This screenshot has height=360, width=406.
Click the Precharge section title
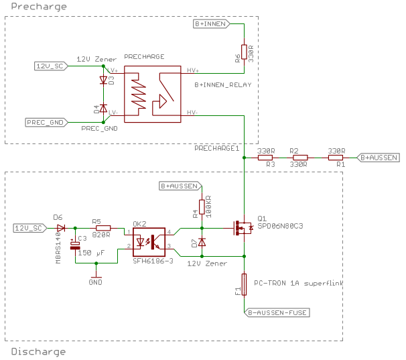pos(34,7)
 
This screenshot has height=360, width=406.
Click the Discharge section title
pos(38,351)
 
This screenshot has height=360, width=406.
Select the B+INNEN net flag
pos(211,23)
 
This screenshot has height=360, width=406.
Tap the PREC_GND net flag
pos(45,122)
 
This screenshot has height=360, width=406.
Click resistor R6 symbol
pos(245,52)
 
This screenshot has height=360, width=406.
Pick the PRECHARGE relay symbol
pos(153,94)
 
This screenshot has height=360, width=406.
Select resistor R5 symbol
pos(103,228)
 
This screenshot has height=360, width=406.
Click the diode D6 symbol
pos(61,228)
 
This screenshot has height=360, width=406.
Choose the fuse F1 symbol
pos(245,284)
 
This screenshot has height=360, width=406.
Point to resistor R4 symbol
pos(202,206)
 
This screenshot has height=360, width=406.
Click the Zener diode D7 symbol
pos(202,242)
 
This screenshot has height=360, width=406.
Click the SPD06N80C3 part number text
pos(280,226)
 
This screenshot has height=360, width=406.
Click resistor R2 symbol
pos(299,158)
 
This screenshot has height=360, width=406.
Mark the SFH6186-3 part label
pos(153,261)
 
